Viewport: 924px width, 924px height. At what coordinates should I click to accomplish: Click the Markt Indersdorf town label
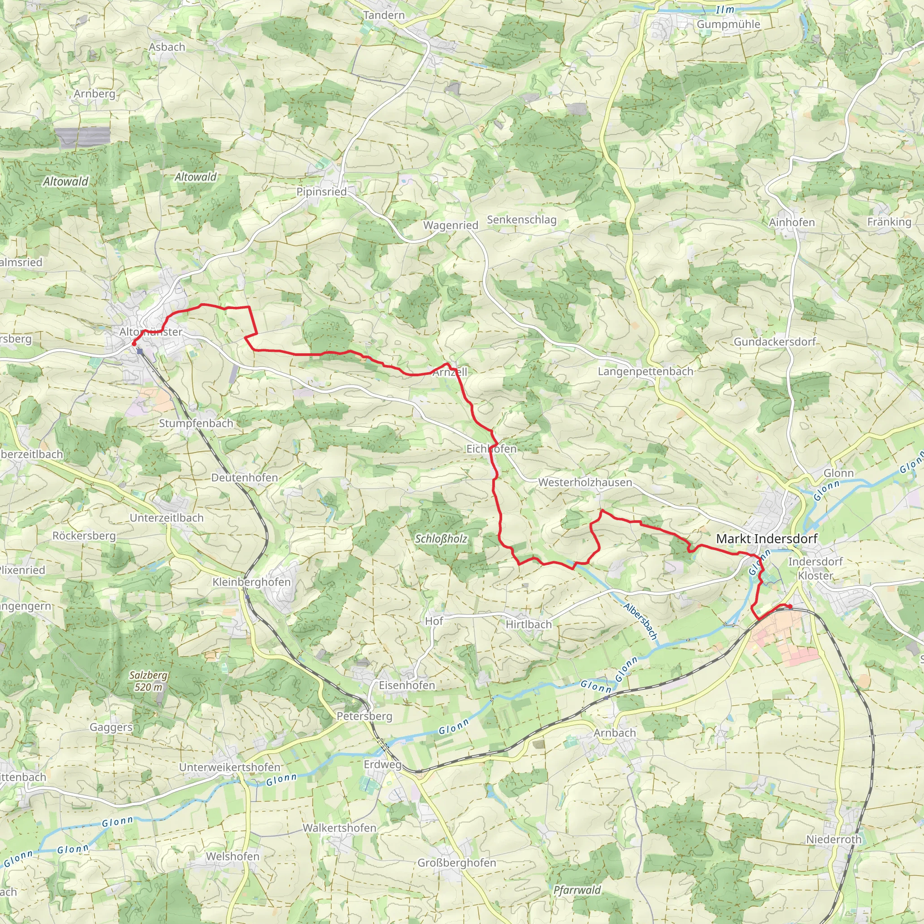[x=767, y=539]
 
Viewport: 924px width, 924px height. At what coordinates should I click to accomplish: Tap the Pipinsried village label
[x=321, y=192]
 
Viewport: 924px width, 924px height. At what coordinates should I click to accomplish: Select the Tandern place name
[x=384, y=15]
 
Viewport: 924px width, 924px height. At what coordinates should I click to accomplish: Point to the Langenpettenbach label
[x=645, y=372]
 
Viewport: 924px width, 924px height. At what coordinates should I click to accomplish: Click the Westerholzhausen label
[x=585, y=483]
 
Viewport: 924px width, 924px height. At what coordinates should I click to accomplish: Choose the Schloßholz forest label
[x=441, y=539]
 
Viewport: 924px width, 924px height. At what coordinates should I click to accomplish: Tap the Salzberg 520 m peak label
[x=148, y=681]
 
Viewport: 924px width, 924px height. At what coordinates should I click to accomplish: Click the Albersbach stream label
[x=641, y=621]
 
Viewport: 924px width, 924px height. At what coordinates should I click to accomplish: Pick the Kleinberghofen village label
[x=252, y=582]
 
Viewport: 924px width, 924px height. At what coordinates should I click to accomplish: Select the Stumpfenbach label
[x=196, y=423]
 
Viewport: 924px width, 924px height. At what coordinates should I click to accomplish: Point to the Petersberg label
[x=365, y=716]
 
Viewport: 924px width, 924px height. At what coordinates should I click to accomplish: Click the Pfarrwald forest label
[x=577, y=890]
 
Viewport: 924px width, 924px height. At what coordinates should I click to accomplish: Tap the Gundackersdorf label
[x=775, y=342]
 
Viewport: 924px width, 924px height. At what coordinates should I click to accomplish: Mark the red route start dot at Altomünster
[x=134, y=343]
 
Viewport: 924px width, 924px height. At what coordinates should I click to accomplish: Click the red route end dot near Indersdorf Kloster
[x=790, y=607]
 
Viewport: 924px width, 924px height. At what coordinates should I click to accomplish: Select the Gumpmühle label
[x=728, y=24]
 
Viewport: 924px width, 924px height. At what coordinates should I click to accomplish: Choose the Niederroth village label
[x=834, y=839]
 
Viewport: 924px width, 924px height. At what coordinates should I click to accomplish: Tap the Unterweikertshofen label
[x=230, y=767]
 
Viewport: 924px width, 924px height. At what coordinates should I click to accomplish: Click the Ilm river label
[x=725, y=10]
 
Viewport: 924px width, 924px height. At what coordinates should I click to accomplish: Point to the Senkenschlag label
[x=522, y=220]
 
